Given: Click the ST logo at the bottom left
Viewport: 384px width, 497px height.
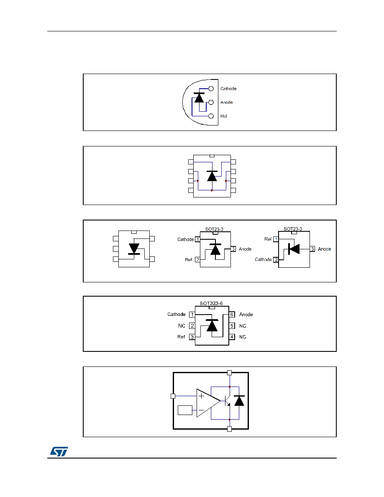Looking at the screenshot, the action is click(x=59, y=451).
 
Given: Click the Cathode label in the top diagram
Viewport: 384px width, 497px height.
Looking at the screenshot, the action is click(x=228, y=89).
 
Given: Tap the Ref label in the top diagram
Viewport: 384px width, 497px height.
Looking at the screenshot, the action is click(x=224, y=116).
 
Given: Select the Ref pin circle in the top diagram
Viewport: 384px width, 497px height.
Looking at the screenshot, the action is click(x=211, y=116).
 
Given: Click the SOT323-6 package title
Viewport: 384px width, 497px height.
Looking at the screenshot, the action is click(x=211, y=303).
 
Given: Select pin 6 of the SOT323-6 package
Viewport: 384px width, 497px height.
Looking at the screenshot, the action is click(x=232, y=315).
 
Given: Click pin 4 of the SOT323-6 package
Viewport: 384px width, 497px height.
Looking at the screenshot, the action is click(x=232, y=337).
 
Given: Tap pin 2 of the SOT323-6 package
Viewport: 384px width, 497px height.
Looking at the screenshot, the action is click(x=192, y=325).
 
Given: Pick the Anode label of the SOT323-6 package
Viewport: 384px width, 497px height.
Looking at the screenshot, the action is click(x=246, y=315).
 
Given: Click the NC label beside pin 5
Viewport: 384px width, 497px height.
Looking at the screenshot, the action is click(x=243, y=326).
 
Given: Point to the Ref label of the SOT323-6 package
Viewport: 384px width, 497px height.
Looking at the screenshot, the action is click(x=181, y=337).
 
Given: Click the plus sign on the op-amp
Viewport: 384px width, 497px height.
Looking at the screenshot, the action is click(x=201, y=396).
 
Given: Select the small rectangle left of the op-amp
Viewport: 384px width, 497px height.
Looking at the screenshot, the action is click(x=185, y=410).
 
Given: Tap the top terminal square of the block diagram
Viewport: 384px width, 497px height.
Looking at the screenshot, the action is click(x=229, y=373).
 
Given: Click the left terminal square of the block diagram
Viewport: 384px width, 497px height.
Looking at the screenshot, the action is click(x=173, y=396).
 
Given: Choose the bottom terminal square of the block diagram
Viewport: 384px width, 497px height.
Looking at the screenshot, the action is click(x=229, y=429).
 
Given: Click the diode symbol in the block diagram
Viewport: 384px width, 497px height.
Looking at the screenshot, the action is click(x=239, y=401).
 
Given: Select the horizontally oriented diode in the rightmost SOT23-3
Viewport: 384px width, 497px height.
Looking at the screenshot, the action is click(x=294, y=249).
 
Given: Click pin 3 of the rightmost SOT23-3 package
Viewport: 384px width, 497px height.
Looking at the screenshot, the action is click(x=312, y=249).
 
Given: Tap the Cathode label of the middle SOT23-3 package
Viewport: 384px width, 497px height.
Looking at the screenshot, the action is click(x=186, y=239).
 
